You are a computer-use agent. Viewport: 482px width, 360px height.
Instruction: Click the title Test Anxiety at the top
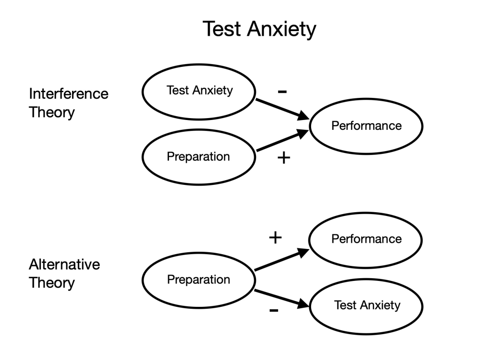click(259, 29)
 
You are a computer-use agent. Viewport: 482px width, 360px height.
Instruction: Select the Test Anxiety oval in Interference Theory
click(199, 91)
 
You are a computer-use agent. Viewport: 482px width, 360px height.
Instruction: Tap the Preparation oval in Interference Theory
click(199, 156)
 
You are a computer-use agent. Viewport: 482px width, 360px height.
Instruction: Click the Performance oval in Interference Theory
click(366, 126)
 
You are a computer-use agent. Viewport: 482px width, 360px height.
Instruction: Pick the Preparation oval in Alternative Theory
click(199, 280)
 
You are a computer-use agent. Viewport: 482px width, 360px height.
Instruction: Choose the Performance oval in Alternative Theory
click(366, 239)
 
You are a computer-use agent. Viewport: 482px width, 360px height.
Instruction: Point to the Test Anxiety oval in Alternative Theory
click(367, 305)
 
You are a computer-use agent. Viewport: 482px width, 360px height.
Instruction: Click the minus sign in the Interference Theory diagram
click(282, 91)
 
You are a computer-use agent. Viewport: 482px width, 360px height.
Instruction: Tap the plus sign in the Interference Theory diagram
click(282, 158)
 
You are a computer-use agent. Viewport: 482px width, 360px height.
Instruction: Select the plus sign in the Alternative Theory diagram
click(275, 238)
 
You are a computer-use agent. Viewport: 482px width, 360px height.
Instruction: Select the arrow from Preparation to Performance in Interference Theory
click(281, 142)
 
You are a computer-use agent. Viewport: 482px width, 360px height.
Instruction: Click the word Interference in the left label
click(69, 94)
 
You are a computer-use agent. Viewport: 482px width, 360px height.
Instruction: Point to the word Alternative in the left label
click(64, 264)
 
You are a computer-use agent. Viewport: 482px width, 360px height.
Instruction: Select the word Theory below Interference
click(52, 113)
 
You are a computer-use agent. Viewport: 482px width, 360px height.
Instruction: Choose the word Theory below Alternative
click(52, 283)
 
